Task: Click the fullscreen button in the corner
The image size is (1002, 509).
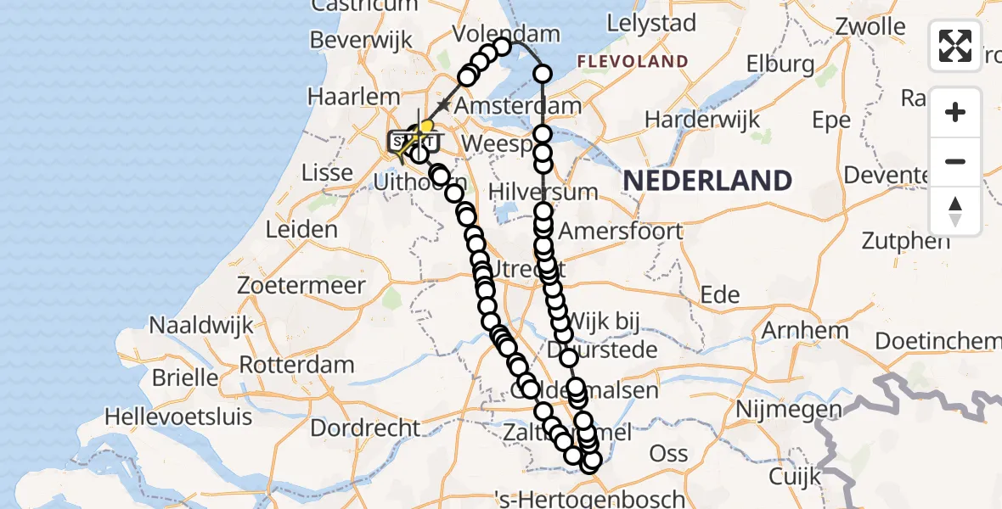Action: pos(955,46)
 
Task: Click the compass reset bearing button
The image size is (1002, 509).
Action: pos(955,212)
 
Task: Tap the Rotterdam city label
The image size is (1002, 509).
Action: pos(296,366)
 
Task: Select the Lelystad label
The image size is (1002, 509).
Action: pos(652,23)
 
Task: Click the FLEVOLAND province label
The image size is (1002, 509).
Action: pos(632,61)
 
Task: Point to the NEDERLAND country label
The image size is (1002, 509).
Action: pos(707,181)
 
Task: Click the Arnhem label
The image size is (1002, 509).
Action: pos(806,330)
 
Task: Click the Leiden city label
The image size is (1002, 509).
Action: pos(301,229)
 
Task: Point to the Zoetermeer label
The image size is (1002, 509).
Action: pos(302,285)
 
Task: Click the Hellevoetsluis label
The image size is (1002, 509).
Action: pos(178,417)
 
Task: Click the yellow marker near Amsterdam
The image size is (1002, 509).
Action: pos(426,127)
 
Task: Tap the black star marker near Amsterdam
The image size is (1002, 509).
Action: pos(442,104)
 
